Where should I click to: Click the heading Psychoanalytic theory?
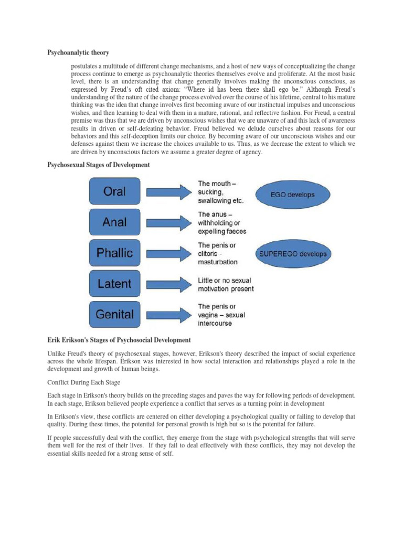click(79, 52)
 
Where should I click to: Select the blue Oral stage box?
click(114, 191)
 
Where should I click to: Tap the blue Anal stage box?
click(114, 222)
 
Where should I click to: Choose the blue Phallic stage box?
click(114, 253)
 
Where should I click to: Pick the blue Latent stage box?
click(114, 284)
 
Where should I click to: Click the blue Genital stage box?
click(114, 315)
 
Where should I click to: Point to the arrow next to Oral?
click(167, 192)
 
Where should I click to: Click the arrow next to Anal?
click(167, 222)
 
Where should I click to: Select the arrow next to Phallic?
click(167, 253)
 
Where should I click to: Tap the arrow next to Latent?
click(167, 284)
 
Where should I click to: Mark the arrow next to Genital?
click(167, 315)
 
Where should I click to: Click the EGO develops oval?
click(293, 194)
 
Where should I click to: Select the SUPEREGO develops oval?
click(293, 254)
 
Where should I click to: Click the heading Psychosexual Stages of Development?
click(99, 165)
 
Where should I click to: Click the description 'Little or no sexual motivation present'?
click(226, 284)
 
